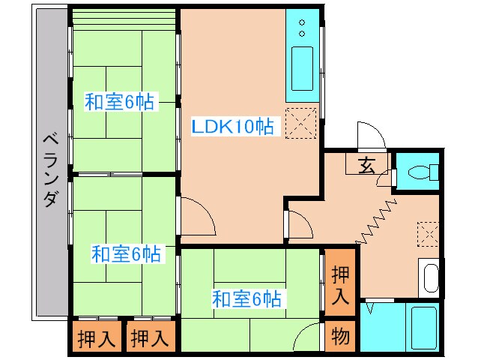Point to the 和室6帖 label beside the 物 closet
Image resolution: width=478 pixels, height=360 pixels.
click(246, 299)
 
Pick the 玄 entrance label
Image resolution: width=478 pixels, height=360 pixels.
click(368, 166)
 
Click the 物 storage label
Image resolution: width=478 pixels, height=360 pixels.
click(340, 337)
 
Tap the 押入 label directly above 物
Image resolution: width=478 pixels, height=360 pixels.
click(340, 285)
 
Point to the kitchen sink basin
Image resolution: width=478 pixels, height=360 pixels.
click(302, 67)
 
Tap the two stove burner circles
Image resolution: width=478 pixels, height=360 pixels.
click(301, 28)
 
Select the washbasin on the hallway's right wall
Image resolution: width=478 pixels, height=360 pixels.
click(431, 277)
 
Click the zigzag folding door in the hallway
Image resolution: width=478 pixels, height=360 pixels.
click(375, 221)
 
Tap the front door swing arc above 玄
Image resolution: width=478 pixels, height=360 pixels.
click(370, 135)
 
